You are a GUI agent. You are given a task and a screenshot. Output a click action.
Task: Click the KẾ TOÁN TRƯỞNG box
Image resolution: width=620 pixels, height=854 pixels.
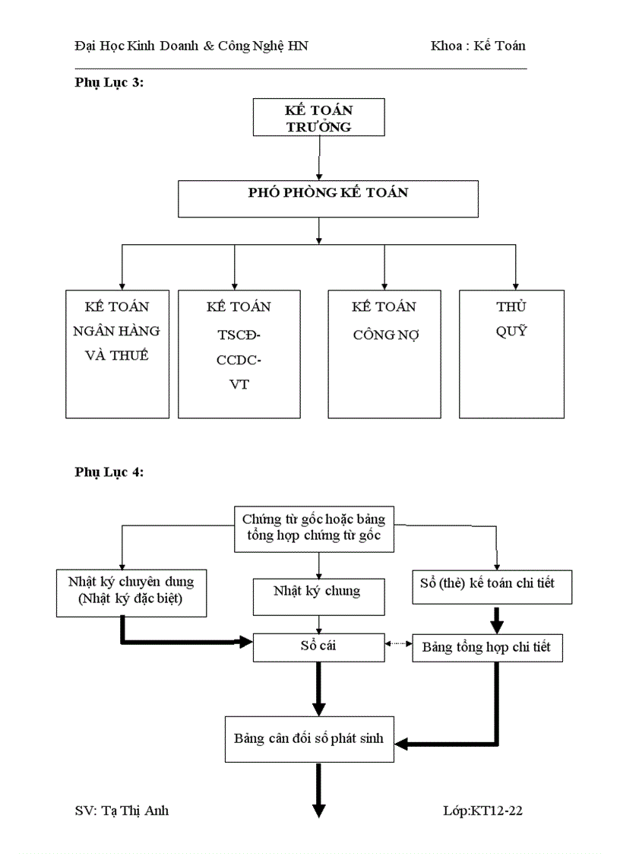[x=319, y=118]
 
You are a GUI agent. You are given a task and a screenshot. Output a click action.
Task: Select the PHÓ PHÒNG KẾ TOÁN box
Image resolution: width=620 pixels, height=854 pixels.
[x=328, y=198]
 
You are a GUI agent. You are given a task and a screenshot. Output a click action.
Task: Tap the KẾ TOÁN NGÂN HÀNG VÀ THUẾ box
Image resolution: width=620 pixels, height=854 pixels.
[x=117, y=354]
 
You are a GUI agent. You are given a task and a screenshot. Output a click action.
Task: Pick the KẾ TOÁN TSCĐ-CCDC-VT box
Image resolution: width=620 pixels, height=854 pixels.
[x=239, y=354]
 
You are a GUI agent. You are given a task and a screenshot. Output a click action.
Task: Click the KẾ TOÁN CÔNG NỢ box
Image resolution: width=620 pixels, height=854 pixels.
[x=384, y=354]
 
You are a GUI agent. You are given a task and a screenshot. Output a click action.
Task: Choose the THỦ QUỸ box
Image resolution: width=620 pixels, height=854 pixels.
[x=511, y=354]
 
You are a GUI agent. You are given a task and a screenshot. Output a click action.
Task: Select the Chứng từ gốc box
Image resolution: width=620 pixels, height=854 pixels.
[x=314, y=529]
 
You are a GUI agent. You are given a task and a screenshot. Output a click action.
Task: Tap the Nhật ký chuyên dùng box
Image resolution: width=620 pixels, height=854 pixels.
[x=131, y=592]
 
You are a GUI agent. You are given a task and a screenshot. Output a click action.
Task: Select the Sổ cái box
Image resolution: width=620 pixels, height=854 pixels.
[x=318, y=646]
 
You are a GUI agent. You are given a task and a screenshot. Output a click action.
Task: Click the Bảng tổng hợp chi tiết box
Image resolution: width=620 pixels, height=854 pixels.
[x=492, y=648]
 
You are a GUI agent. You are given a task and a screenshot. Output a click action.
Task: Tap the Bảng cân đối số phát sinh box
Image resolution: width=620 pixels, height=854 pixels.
[x=309, y=738]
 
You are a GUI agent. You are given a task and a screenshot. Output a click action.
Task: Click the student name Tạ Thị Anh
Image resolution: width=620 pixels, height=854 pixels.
[x=122, y=811]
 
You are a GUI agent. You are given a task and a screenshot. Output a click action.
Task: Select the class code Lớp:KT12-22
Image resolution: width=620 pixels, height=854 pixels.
[x=482, y=811]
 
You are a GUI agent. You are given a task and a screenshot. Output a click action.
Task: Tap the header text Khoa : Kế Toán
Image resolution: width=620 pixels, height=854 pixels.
[x=478, y=46]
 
